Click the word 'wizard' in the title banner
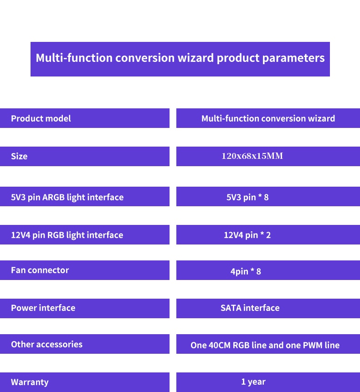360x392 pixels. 195,58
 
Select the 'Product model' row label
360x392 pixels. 41,118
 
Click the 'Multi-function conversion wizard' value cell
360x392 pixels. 268,118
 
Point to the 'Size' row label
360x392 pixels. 19,156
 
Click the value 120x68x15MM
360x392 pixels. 252,156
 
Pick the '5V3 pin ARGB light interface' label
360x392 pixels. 67,197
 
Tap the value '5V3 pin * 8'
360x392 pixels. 247,197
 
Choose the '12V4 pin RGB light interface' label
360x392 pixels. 67,235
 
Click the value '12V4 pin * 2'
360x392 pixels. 247,235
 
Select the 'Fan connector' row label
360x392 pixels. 40,270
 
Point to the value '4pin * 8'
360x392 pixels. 246,271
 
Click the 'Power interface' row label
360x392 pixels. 43,308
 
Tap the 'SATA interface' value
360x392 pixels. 250,308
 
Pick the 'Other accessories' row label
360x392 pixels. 47,344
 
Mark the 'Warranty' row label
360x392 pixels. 30,382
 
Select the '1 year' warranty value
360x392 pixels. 253,382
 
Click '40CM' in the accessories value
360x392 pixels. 219,345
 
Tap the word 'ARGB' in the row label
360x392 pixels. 53,197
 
